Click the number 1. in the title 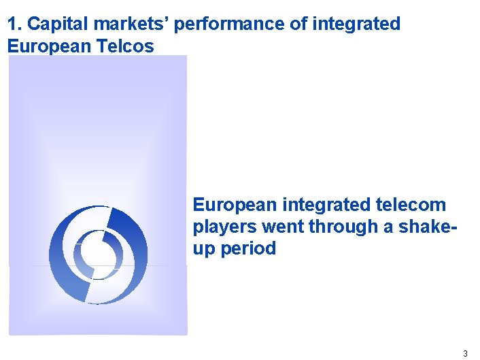[14, 24]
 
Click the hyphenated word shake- [426, 227]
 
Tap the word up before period [203, 249]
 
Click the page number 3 [465, 353]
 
